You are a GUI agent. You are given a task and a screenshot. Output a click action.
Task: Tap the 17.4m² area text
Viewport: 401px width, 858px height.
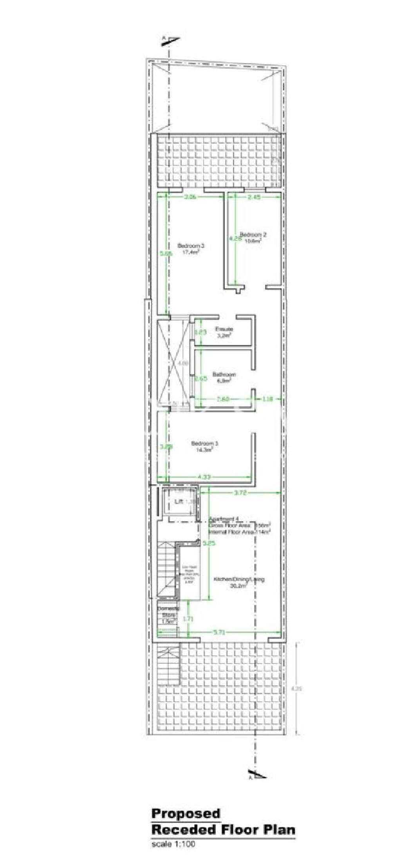[x=191, y=253]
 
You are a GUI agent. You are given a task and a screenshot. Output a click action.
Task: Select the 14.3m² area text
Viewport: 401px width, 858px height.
[x=204, y=450]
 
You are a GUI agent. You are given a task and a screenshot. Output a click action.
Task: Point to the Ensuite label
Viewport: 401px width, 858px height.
[x=224, y=329]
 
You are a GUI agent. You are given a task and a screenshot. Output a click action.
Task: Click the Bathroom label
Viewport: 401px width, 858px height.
[x=224, y=374]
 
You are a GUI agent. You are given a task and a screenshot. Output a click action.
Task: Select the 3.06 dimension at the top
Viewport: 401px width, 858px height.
[x=190, y=197]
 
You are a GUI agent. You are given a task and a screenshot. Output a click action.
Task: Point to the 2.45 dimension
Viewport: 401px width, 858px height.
[x=254, y=197]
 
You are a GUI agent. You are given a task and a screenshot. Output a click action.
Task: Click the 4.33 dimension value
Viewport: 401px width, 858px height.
[x=204, y=477]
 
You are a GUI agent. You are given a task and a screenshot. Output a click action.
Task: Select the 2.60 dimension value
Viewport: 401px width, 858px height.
[x=223, y=399]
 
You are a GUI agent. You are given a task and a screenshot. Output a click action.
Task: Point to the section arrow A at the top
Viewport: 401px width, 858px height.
[x=171, y=40]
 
